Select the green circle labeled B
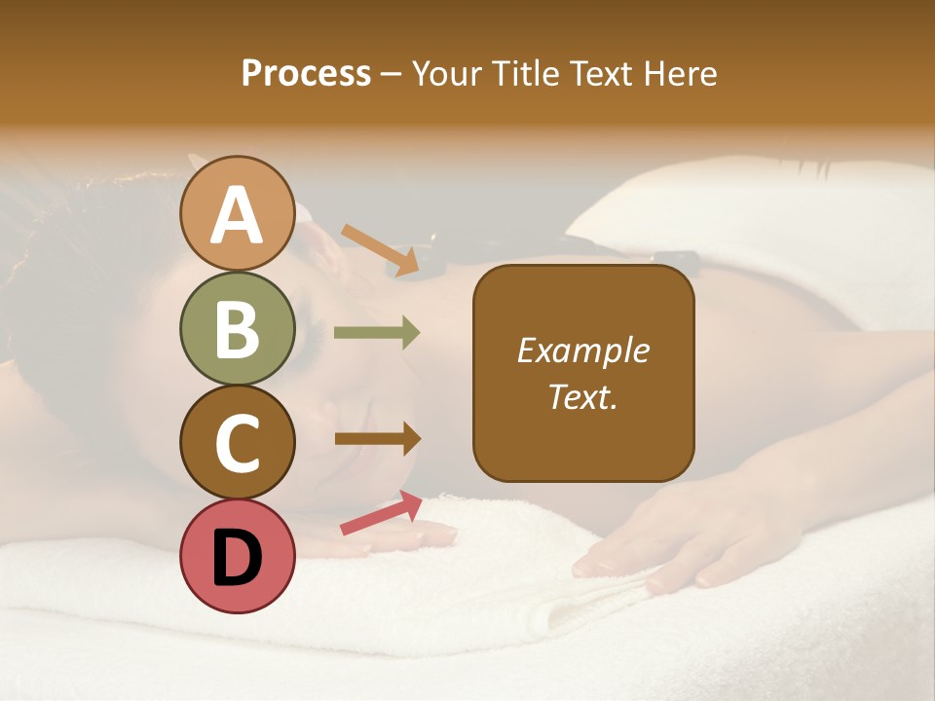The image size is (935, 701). point(238,329)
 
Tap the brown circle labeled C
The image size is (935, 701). point(238,442)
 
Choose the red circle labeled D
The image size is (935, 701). point(238,557)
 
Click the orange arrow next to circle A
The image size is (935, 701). point(381,249)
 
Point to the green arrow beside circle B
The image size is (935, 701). point(377,333)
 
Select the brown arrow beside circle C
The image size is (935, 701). point(377,438)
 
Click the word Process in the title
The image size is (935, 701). point(306,74)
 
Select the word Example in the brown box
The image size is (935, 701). point(582,350)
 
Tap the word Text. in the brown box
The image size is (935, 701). point(582,396)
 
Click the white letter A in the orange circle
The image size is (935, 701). point(238,214)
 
